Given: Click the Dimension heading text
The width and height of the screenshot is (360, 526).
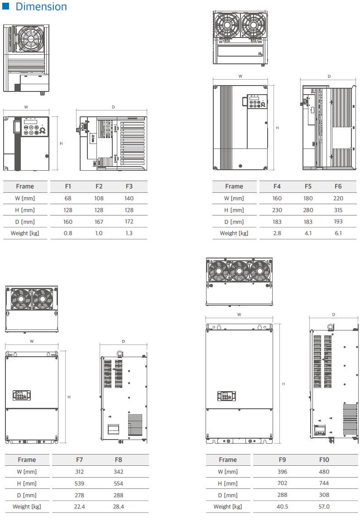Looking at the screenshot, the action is (x=41, y=6).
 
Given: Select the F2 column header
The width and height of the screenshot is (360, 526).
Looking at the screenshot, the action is (x=99, y=186).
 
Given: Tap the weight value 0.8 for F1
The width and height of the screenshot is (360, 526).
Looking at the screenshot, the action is (x=68, y=233).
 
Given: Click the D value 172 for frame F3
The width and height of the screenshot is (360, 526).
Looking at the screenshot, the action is (x=129, y=221).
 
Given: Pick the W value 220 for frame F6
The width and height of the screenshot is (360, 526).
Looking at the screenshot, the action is (x=338, y=198).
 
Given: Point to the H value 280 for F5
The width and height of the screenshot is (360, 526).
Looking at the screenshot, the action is (x=307, y=210).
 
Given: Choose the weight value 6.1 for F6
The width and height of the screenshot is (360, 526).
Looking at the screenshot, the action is (x=338, y=233).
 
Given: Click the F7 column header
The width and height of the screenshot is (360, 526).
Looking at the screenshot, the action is (x=79, y=459).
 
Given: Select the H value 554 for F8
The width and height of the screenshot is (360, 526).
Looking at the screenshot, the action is (x=118, y=483).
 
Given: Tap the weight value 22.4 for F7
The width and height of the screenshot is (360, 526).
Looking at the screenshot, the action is (x=79, y=507).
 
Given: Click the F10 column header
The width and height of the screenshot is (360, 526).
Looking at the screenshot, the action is (x=324, y=459).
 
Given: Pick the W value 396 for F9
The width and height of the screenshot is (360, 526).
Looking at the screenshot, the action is (x=282, y=472).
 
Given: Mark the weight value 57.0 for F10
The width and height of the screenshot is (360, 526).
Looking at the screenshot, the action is (x=324, y=507).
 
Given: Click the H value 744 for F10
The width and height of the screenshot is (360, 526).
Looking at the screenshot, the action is (x=324, y=483).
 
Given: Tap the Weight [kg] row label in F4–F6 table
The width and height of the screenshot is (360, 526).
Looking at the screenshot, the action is (x=234, y=233).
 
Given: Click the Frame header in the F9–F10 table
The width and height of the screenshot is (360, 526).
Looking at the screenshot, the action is (x=228, y=459).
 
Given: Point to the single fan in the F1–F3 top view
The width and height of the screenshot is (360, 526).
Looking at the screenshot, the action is (x=30, y=38).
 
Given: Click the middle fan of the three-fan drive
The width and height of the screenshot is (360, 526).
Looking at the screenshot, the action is (x=239, y=271).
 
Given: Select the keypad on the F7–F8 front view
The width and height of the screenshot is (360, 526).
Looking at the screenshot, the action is (x=21, y=396).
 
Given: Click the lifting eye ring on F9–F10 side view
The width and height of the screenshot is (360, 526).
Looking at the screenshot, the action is (x=331, y=327).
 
